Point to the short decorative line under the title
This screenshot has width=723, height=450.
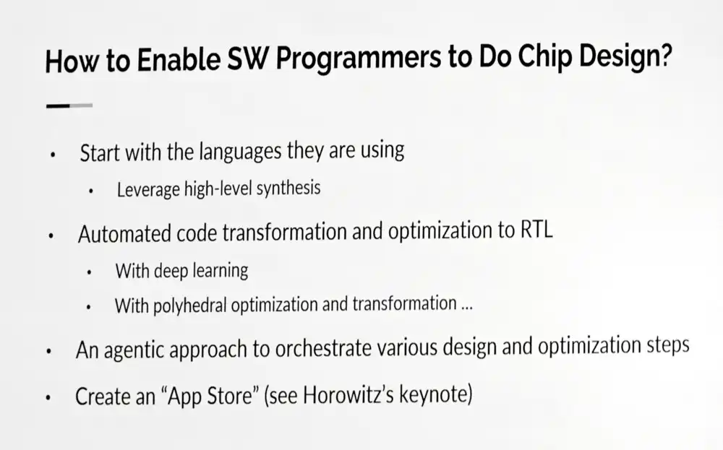tap(69, 105)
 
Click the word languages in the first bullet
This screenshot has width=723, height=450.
tap(241, 152)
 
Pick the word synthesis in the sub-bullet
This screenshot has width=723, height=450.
tap(288, 189)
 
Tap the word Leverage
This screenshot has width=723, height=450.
tap(148, 190)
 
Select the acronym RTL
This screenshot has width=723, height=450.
tap(536, 230)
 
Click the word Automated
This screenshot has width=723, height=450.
tap(124, 233)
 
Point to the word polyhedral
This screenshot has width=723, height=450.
tap(189, 305)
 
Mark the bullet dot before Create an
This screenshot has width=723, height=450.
tap(48, 397)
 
